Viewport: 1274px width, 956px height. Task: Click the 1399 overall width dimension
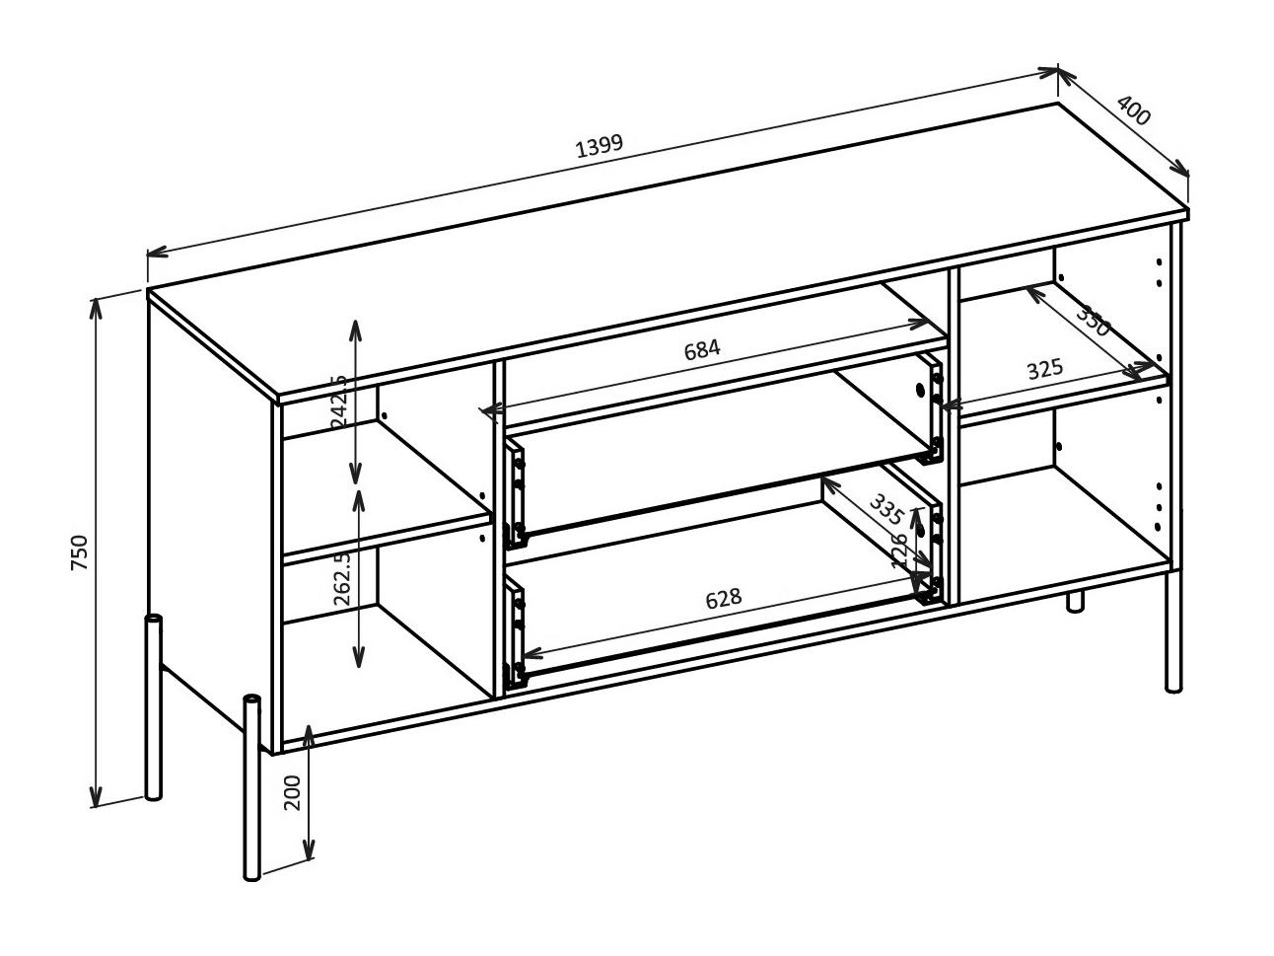(x=599, y=144)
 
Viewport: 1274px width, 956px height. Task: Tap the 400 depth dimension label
(x=1133, y=110)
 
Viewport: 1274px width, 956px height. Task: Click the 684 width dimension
(x=702, y=348)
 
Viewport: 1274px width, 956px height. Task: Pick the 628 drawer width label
(x=723, y=599)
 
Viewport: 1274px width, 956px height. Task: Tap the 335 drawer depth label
(x=885, y=509)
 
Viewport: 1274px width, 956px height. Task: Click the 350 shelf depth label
(x=1092, y=321)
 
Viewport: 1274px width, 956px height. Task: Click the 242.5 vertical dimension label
(x=339, y=401)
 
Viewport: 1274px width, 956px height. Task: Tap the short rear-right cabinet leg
(x=1075, y=602)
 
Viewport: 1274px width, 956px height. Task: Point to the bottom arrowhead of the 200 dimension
(x=309, y=850)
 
